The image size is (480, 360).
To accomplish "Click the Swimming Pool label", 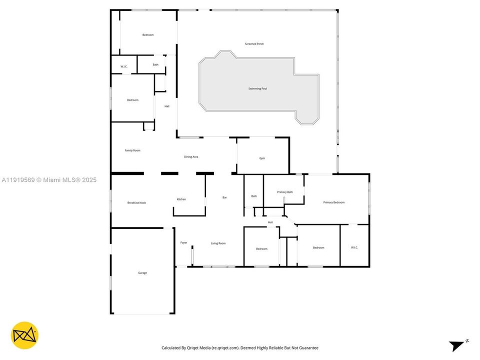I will click(x=257, y=88).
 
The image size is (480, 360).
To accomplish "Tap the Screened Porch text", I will click(x=254, y=44).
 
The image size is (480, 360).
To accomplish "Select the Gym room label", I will click(x=262, y=158).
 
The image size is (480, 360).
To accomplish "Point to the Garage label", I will click(x=142, y=273).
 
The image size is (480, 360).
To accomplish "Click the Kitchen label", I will click(x=181, y=199).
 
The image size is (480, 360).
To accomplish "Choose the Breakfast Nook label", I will click(x=136, y=202).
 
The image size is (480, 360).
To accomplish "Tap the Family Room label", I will click(x=132, y=150).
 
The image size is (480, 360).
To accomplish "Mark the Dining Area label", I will click(x=191, y=157).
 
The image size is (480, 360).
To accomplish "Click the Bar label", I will click(x=224, y=197).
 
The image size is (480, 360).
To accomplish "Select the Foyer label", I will click(x=183, y=242).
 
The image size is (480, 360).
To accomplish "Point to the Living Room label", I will click(x=218, y=243).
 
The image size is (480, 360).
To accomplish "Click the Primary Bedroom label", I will click(x=333, y=202).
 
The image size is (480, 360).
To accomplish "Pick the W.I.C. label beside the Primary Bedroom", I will click(x=354, y=247).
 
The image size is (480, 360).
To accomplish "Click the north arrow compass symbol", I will click(x=457, y=345).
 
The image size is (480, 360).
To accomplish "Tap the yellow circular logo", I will click(x=24, y=335).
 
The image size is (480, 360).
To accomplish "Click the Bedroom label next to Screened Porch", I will click(x=148, y=35).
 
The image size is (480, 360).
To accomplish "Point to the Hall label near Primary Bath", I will click(x=270, y=222).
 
